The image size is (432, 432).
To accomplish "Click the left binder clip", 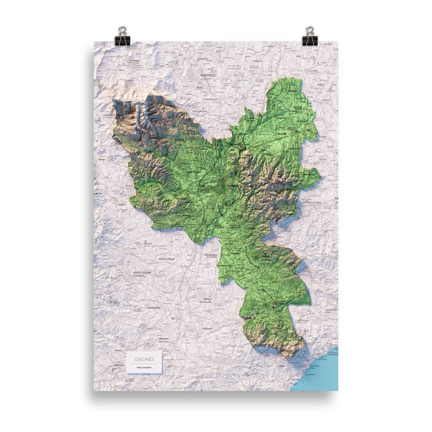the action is point(123,36).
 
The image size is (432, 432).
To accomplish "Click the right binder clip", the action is point(309,36).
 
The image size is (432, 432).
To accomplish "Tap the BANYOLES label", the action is point(208,75).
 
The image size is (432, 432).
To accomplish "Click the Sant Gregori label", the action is point(194,172).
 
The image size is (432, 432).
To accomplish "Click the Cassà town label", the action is point(265,257).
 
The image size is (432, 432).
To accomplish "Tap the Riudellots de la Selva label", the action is point(213,256).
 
